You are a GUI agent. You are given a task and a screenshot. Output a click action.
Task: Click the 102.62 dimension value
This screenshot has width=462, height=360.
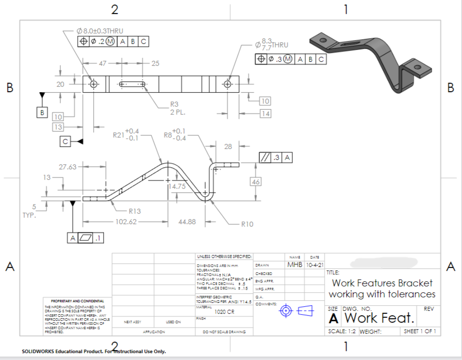coord(126,222)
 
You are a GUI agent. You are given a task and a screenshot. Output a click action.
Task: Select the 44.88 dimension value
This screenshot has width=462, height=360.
coord(187,222)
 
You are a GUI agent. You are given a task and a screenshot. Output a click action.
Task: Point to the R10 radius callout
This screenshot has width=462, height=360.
coord(247,224)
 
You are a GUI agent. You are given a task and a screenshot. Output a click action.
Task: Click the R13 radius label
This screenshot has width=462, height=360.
coord(135,211)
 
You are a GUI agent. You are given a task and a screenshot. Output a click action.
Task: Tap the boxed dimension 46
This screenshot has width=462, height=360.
coord(256,182)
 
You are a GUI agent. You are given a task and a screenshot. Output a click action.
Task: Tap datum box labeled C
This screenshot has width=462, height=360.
coord(65,141)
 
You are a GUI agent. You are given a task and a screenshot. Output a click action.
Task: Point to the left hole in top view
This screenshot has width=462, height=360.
coord(93,84)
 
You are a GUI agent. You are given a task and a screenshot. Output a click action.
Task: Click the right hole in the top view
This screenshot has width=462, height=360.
coord(228,84)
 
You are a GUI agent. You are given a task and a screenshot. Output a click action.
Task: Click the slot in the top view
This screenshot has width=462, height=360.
coord(127,84)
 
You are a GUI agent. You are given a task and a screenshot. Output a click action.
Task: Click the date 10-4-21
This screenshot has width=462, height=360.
coord(315,264)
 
